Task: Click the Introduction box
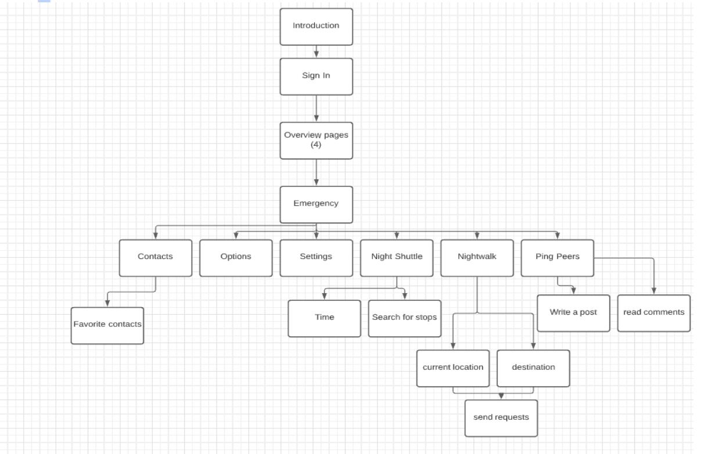click(x=316, y=26)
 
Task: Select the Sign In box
click(x=316, y=76)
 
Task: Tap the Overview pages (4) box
click(x=316, y=140)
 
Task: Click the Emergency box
click(x=316, y=204)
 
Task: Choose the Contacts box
click(x=155, y=257)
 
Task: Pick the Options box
click(x=236, y=257)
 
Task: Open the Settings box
click(x=316, y=257)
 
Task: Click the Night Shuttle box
click(x=397, y=257)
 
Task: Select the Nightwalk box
click(x=477, y=257)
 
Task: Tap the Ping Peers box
click(x=558, y=257)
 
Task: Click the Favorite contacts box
click(x=107, y=325)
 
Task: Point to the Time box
click(x=324, y=318)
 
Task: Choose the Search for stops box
click(x=405, y=318)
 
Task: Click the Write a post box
click(x=573, y=313)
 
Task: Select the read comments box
click(x=654, y=313)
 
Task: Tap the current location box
click(x=453, y=368)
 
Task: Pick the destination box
click(x=533, y=368)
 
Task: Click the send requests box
click(x=501, y=418)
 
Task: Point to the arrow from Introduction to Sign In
click(x=316, y=52)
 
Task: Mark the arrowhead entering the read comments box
click(x=655, y=291)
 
